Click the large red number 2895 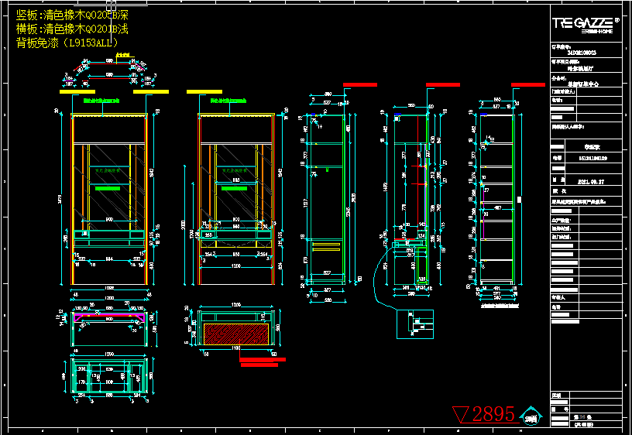click(493, 414)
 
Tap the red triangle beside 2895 click(461, 414)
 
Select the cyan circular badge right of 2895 click(531, 416)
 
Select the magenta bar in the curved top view click(108, 317)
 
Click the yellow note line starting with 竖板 click(71, 15)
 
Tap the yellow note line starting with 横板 click(71, 29)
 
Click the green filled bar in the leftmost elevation click(108, 187)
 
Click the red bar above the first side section click(359, 84)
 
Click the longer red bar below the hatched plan click(263, 359)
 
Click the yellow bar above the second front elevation click(209, 91)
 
